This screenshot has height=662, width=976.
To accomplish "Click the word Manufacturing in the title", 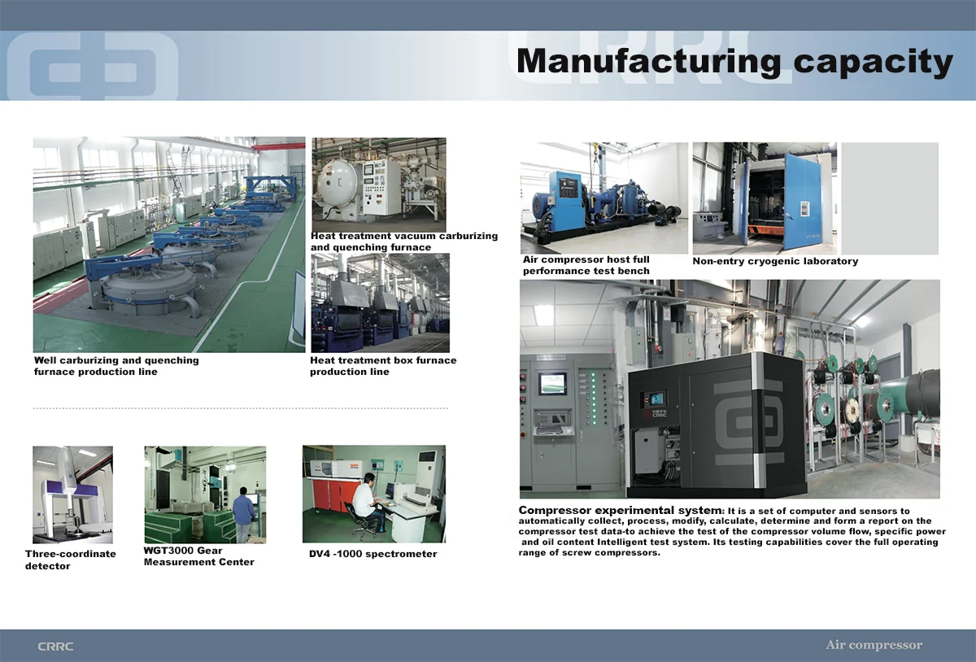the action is point(648,62).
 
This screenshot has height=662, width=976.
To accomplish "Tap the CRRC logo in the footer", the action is point(55,647).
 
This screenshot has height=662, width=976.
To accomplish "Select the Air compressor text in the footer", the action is point(874,645).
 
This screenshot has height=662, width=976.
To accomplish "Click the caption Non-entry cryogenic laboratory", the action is point(775,261).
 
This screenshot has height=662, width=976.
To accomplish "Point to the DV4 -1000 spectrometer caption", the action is point(373,554).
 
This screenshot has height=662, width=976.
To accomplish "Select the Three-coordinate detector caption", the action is point(70,560).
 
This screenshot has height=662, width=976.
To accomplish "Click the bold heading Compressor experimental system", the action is point(620,511).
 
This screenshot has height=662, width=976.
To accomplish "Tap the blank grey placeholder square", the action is point(890,198).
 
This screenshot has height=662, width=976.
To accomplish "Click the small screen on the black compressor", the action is point(656,399).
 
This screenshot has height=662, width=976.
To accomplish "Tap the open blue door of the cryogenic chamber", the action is point(807,202).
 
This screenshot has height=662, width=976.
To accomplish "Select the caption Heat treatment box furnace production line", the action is point(383,366).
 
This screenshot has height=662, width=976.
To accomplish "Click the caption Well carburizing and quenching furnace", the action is point(116,366).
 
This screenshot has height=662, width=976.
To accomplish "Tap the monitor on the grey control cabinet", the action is point(552,385).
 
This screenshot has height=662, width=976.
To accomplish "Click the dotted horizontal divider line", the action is point(241,408).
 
